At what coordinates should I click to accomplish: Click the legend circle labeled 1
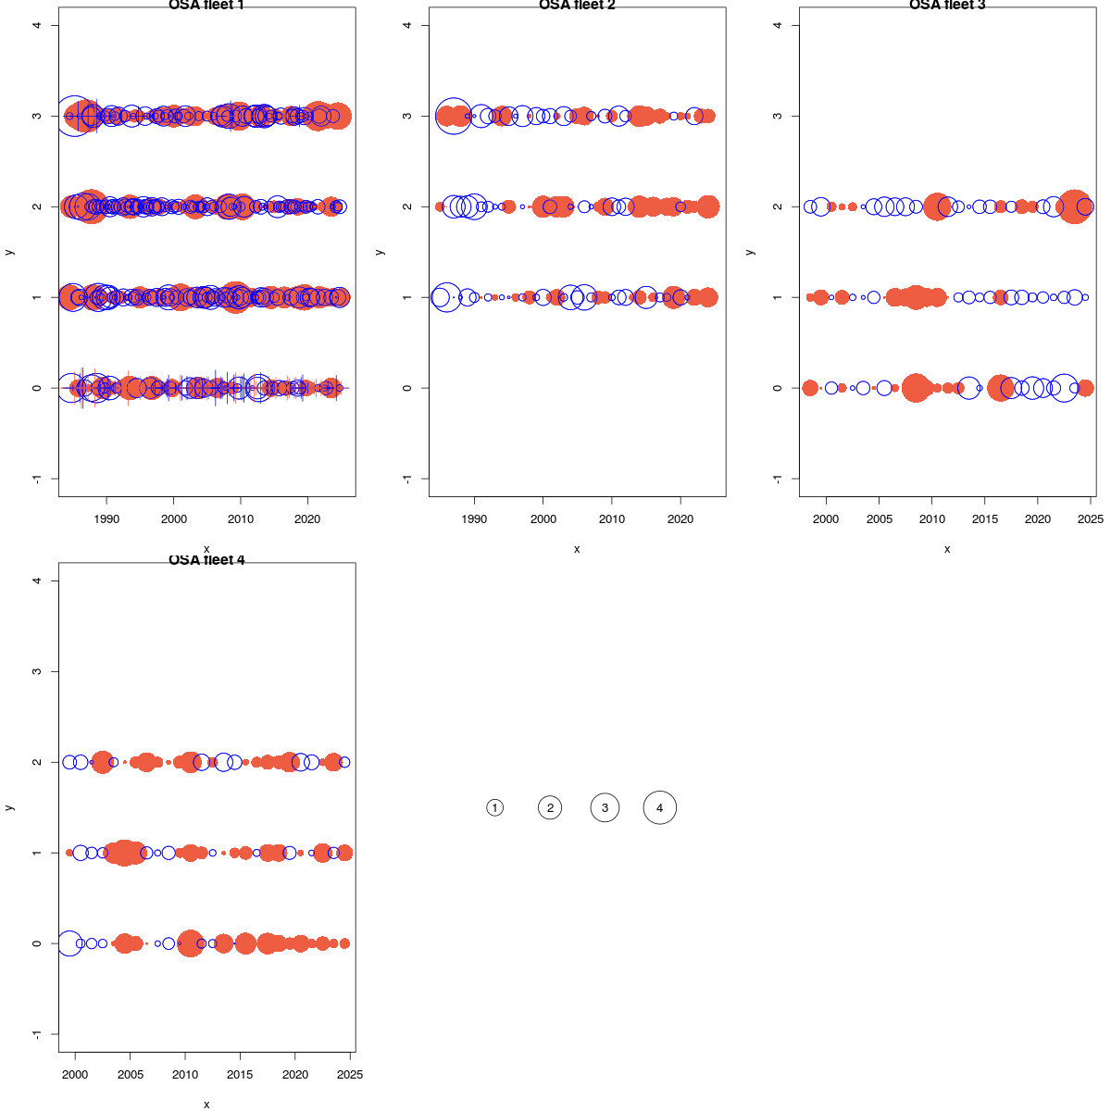point(495,808)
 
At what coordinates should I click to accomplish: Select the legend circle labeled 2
point(550,808)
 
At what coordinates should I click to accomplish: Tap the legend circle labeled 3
point(605,808)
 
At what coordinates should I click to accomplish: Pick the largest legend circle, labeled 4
point(660,808)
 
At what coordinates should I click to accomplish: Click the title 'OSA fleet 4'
point(206,560)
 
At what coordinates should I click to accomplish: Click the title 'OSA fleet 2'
point(577,6)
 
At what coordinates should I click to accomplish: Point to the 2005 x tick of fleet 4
point(130,1075)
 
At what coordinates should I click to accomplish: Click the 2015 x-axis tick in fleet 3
point(985,519)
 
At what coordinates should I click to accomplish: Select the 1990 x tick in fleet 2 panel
point(474,519)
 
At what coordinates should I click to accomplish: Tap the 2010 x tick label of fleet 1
point(241,519)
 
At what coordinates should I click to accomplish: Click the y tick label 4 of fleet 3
point(778,25)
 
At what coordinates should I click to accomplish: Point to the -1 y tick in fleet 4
point(37,1034)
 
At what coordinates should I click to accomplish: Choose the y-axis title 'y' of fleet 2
point(379,252)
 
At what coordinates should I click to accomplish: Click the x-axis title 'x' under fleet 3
point(947,549)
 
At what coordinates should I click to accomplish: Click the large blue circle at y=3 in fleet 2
point(454,116)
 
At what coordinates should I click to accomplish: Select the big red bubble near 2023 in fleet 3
point(1075,206)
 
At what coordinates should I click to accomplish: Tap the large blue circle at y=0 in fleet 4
point(69,943)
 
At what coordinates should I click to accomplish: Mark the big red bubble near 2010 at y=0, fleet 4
point(190,943)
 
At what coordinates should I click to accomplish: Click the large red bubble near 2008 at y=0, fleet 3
point(916,388)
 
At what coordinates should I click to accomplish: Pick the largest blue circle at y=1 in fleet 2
point(446,297)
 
